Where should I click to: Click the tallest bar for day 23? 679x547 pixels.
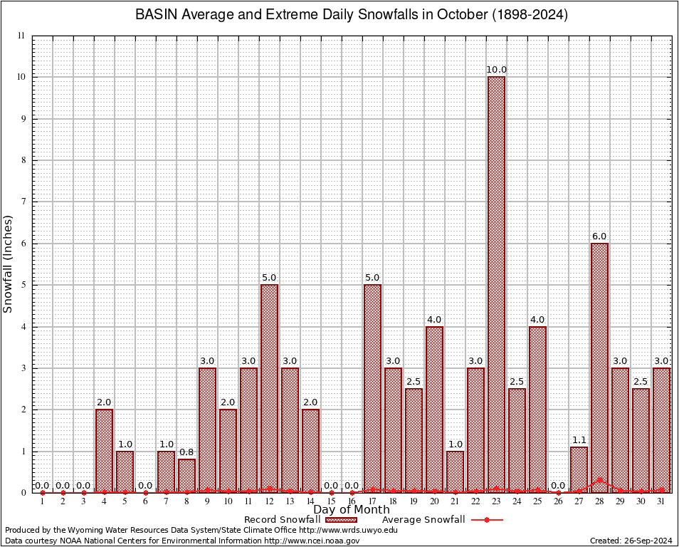point(496,284)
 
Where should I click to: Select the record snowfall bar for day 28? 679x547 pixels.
point(599,368)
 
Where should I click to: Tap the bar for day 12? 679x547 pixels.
point(269,388)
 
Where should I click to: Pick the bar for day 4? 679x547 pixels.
point(104,450)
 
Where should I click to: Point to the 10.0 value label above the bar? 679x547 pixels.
point(496,69)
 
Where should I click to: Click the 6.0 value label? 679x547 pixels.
point(599,236)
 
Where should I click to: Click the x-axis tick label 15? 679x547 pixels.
point(331,502)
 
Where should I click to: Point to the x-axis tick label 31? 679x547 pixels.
point(661,502)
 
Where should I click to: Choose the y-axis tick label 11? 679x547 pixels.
point(21,36)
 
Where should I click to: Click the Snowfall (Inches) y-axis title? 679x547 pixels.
point(9,264)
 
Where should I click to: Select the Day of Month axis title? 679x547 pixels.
point(352,509)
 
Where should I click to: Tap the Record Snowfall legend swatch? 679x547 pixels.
point(339,520)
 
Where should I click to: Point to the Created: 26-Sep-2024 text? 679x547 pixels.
point(631,541)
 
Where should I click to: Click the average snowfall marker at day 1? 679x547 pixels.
point(42,492)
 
